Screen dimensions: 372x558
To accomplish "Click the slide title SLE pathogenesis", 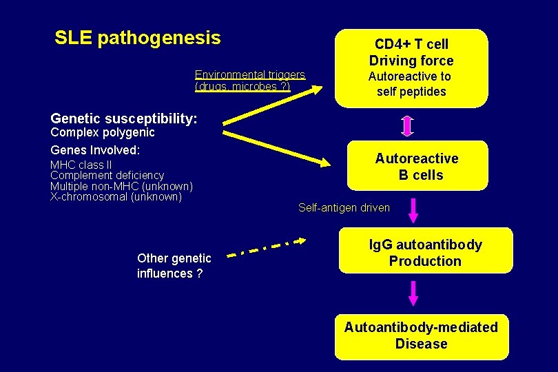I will pos(138,37).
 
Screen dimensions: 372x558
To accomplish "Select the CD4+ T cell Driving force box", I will pos(411,68).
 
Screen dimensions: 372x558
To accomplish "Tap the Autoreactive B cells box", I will pos(417,166).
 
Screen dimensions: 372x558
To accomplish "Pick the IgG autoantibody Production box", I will pos(425,252).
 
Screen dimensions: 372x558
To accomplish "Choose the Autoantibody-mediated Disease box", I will pos(421,335).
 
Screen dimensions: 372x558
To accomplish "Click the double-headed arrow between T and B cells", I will pos(407,126).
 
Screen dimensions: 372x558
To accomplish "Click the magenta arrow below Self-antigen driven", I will pos(413,210).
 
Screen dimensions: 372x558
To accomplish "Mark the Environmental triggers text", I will pos(249,80).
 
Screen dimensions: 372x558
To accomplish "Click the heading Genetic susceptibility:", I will pos(124,118).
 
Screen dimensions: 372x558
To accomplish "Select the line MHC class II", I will pos(81,165).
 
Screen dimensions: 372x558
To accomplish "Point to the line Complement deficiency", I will pos(107,176).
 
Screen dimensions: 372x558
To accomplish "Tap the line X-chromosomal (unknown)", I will pos(116,197).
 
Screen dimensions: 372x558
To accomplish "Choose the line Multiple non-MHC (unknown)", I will pos(121,186).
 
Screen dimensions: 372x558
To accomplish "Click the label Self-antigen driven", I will pos(344,207).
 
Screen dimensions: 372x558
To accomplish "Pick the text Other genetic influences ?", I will pos(174,266).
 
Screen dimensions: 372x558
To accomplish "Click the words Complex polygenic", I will pos(103,132).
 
